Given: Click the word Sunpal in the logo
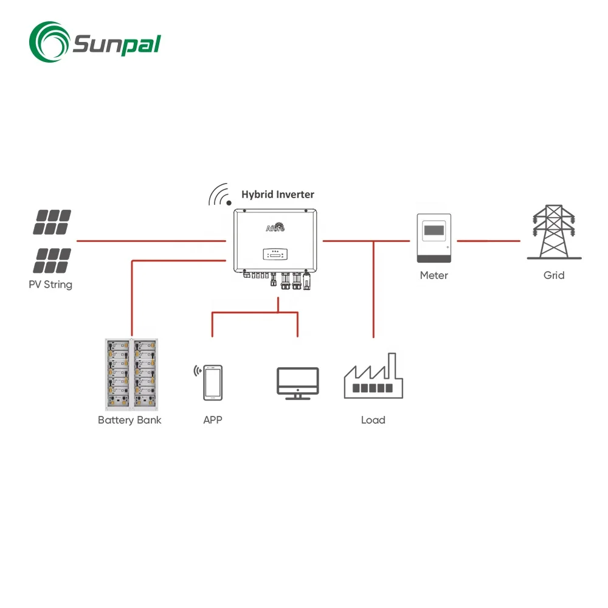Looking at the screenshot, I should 116,44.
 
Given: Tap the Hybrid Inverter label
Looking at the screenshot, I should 278,195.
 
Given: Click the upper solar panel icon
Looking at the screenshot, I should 52,223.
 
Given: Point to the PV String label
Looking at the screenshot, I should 50,285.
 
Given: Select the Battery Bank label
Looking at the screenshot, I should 130,420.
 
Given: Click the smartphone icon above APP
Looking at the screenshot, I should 213,383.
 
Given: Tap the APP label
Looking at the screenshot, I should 213,420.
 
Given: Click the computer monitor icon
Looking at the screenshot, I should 297,383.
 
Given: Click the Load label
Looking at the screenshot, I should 373,420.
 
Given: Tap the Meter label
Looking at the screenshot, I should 434,275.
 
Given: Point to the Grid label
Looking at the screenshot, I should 554,275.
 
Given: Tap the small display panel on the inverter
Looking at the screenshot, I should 275,253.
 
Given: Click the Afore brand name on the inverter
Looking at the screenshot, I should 275,229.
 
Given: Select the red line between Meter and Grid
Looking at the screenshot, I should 488,241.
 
